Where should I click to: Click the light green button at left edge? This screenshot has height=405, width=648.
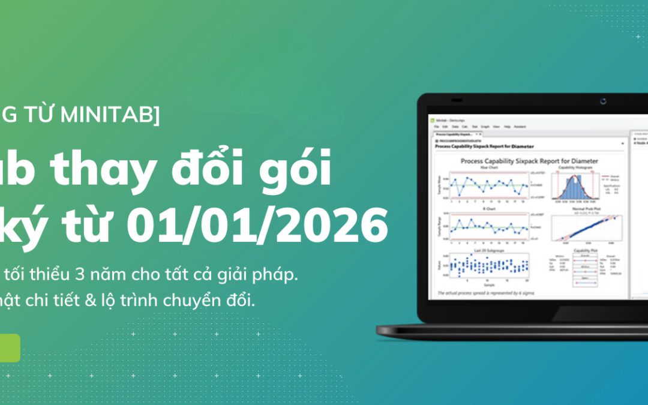pos(9,348)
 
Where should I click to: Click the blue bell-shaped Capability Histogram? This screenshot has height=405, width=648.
pos(574,189)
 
